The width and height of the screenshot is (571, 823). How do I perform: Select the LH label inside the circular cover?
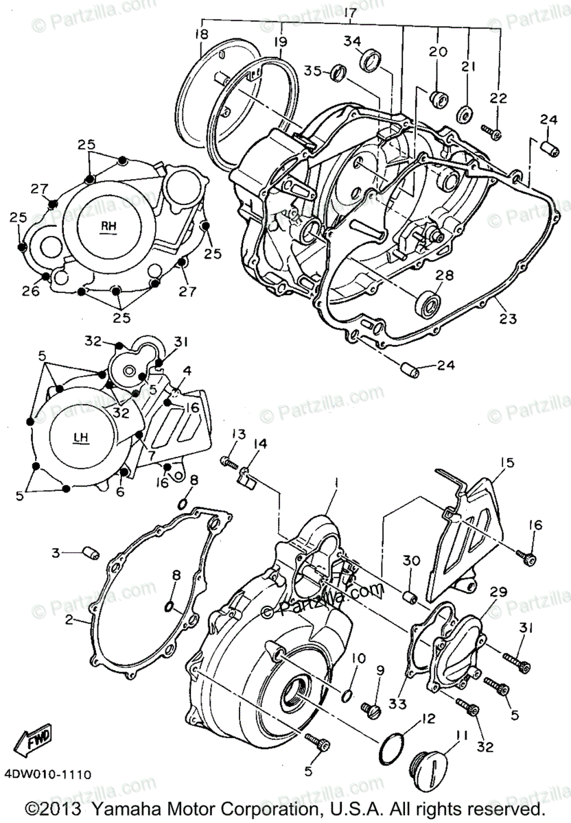[x=80, y=436]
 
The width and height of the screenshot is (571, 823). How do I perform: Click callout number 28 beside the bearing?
[x=444, y=275]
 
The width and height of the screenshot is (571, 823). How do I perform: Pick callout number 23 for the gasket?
[x=508, y=317]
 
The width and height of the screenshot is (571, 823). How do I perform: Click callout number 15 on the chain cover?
[x=506, y=463]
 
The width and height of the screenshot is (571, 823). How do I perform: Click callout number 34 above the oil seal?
[x=353, y=42]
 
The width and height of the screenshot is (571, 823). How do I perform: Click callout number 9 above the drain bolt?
[x=379, y=670]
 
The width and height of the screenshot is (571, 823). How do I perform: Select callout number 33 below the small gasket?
[x=401, y=704]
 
